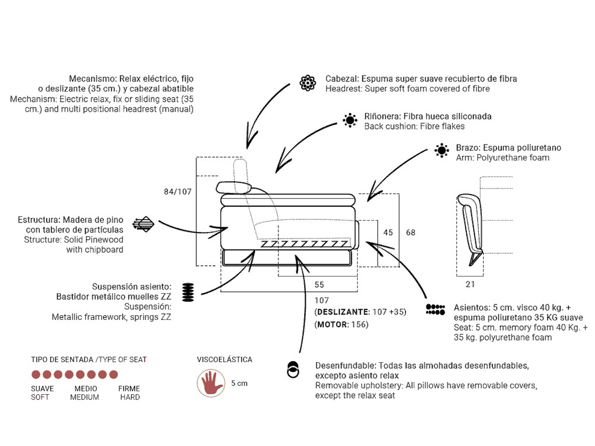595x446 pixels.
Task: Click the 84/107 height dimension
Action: pos(177,191)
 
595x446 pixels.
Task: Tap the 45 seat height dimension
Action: pos(388,233)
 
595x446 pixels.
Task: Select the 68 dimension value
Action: pos(411,233)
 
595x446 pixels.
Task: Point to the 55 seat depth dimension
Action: pos(319,285)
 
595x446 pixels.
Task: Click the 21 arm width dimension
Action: pos(470,284)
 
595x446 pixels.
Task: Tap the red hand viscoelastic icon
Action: pos(211,383)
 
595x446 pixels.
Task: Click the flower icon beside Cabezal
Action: pos(308,83)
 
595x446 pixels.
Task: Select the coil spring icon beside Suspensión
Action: pos(188,293)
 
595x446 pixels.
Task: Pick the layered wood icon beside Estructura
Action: pos(143,224)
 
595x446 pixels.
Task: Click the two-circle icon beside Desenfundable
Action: pos(293,369)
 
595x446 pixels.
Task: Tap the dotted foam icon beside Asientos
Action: pos(436,309)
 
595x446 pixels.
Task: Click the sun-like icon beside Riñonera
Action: pos(350,121)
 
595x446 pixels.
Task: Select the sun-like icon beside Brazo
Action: pos(441,150)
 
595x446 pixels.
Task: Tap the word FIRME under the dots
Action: pos(129,389)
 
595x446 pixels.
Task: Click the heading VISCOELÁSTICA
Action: pos(224,360)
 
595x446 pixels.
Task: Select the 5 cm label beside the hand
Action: pos(239,384)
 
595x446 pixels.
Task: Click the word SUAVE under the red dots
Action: pos(42,389)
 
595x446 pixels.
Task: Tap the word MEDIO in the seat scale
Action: pos(86,389)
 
